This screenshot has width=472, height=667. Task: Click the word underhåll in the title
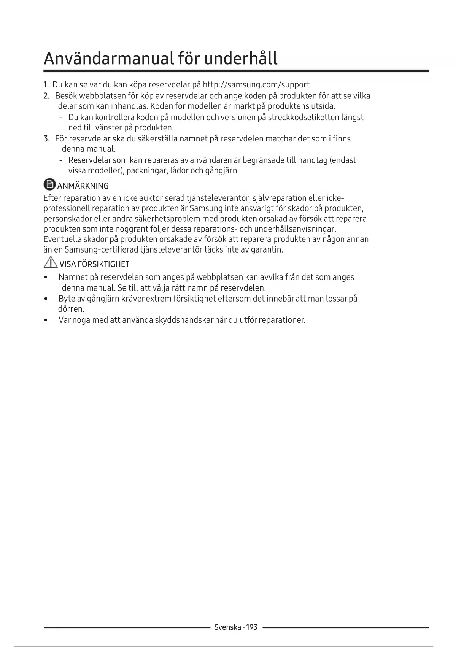(x=241, y=59)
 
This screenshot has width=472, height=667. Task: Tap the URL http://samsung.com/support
(x=256, y=84)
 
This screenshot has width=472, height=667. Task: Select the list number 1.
(x=46, y=84)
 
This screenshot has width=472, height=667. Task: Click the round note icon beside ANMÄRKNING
(x=49, y=185)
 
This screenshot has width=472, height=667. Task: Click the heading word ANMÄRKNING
(x=83, y=186)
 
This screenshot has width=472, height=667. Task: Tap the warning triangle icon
(x=50, y=263)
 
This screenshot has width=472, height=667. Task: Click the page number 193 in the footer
(x=252, y=627)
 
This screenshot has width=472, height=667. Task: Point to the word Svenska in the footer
(x=227, y=627)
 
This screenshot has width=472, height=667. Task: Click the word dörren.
(x=71, y=309)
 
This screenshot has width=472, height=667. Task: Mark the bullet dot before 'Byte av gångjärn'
(x=46, y=299)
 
